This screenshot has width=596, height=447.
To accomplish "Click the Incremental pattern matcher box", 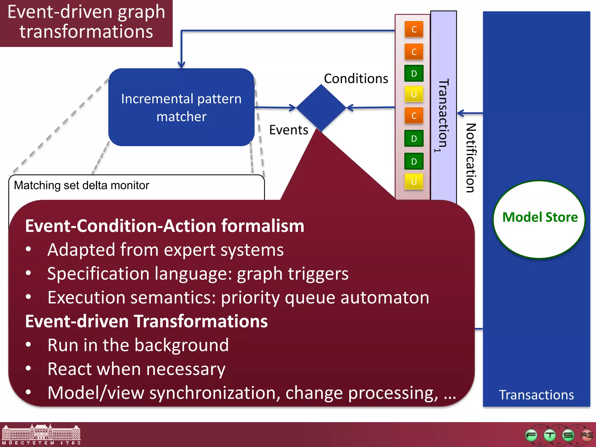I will [181, 107].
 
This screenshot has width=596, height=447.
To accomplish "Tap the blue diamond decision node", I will [321, 107].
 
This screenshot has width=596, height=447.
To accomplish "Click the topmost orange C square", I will [414, 29].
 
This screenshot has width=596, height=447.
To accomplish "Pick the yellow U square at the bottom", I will [414, 182].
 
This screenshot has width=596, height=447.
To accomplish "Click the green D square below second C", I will [414, 74].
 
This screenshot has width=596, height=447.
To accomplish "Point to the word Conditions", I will [356, 79].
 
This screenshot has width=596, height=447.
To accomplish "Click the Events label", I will [288, 130].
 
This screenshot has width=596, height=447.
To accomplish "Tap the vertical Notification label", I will [471, 158].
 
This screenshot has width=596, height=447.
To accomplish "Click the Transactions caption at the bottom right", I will [536, 395].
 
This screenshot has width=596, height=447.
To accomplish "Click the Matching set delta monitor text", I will [81, 185].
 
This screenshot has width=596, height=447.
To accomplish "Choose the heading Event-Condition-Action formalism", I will [165, 226].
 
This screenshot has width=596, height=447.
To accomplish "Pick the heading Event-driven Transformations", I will [146, 321].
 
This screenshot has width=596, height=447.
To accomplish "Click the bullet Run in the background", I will [138, 345].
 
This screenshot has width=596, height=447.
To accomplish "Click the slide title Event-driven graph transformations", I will [86, 22].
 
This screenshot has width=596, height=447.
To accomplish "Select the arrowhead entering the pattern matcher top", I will [181, 65].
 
